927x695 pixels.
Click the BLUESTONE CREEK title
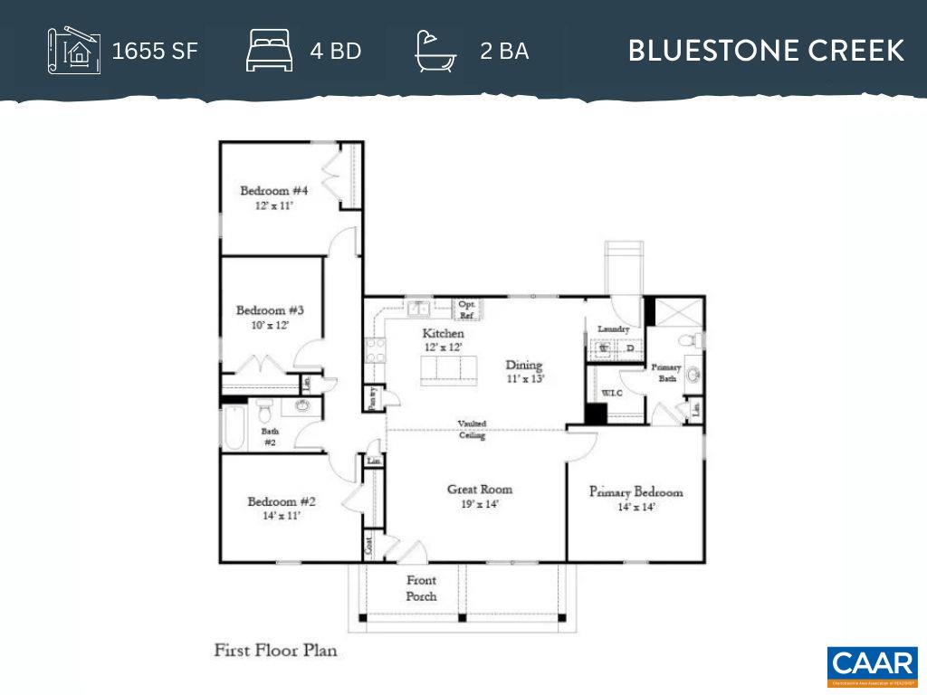(x=766, y=51)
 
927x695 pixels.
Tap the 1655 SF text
(x=154, y=51)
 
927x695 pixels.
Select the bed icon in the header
(x=270, y=51)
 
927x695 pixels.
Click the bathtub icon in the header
(x=435, y=51)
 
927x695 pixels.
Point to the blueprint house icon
(x=72, y=51)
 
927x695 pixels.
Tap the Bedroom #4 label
(x=273, y=191)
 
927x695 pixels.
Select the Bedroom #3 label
(x=263, y=310)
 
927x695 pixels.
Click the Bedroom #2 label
(x=282, y=501)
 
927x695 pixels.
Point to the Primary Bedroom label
(x=636, y=492)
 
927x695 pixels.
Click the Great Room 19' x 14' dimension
(x=480, y=505)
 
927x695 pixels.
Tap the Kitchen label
(x=443, y=334)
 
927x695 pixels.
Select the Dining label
(x=523, y=366)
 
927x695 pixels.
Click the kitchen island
(x=448, y=369)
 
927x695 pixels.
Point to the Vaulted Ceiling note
(x=472, y=429)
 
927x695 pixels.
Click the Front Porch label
(x=421, y=588)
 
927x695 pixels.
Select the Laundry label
(x=613, y=329)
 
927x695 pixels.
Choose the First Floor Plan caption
(x=275, y=650)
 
